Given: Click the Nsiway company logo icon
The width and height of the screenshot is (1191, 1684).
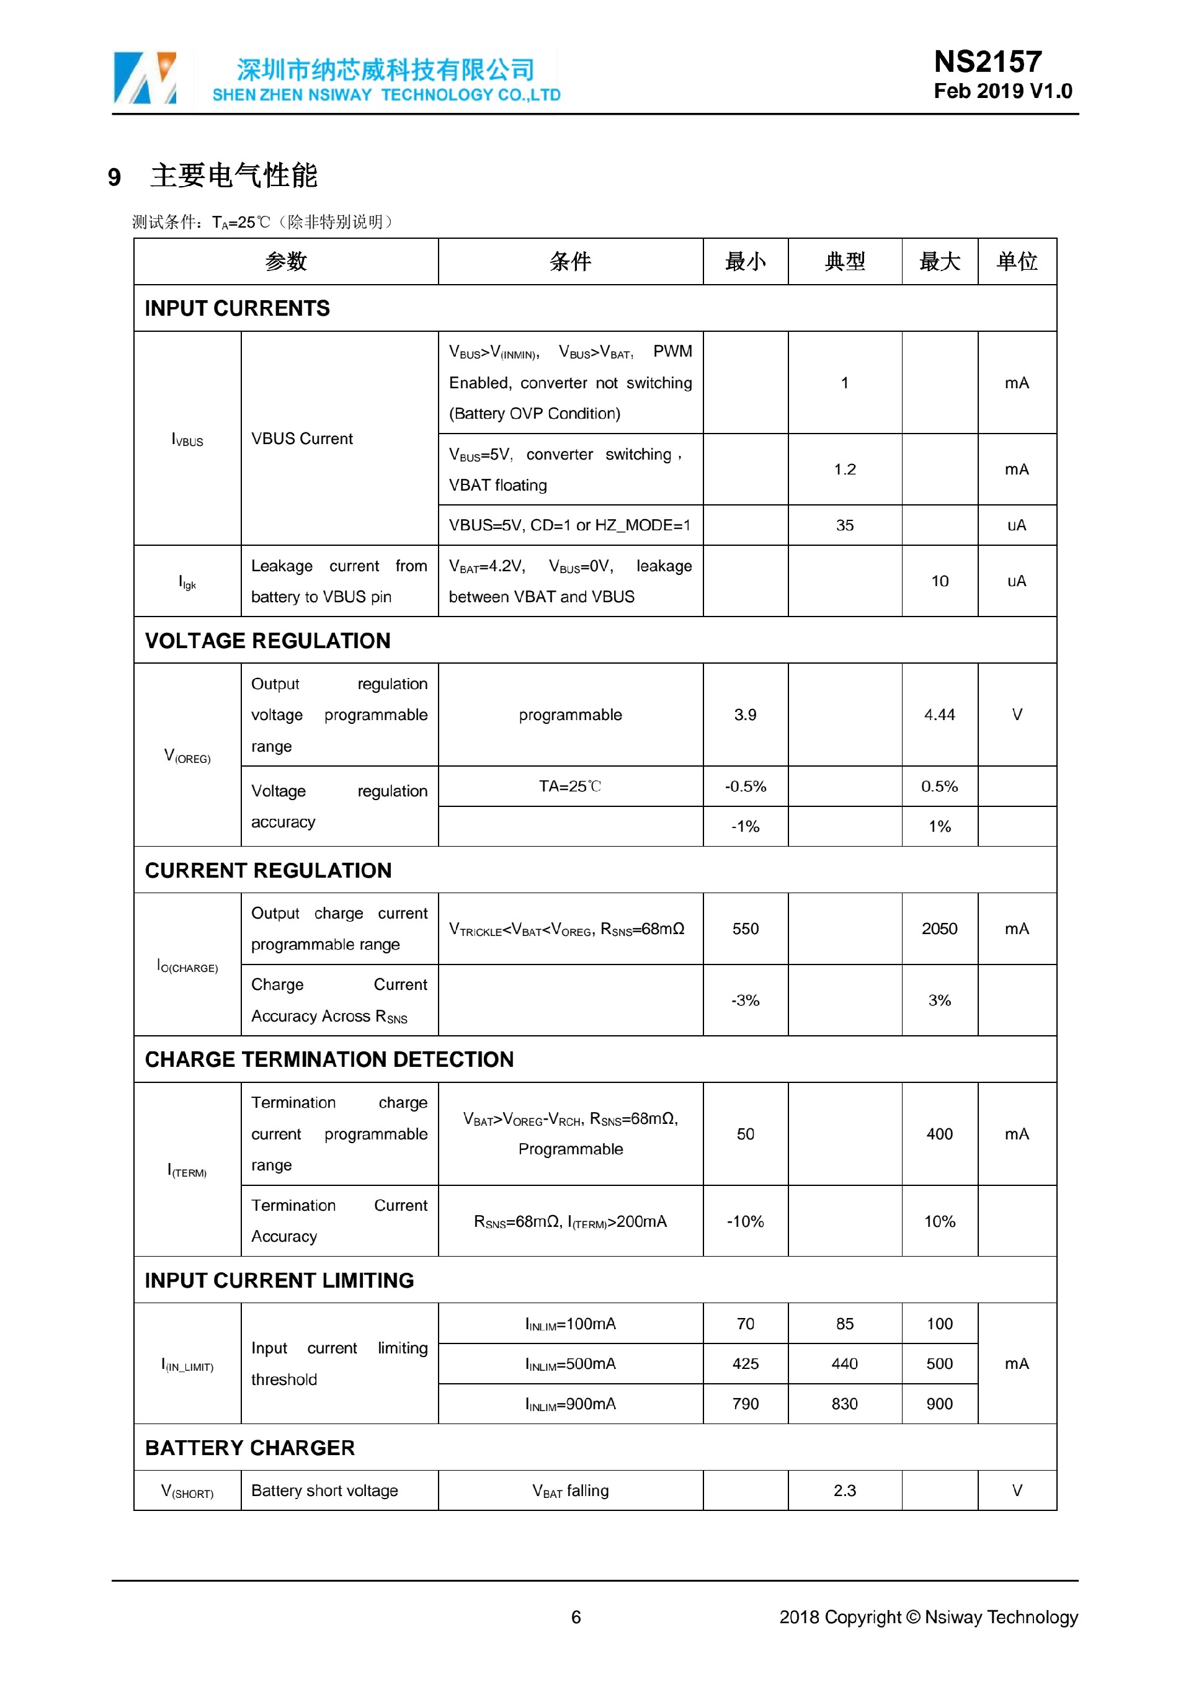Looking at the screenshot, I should coord(145,78).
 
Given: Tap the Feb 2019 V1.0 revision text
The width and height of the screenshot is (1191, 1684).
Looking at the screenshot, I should coord(1002,92).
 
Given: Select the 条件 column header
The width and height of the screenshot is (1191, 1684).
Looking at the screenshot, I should coord(570,262).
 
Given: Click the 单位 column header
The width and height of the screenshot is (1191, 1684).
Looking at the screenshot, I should coord(1017,262).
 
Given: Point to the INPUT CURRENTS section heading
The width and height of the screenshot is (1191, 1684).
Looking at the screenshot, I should coord(237,309).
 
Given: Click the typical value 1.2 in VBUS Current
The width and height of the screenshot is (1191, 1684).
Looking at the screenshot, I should coord(844,470).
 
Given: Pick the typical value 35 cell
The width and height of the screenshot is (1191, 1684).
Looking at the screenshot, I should coord(844,525).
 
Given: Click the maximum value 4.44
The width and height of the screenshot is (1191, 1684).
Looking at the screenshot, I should coord(939,715).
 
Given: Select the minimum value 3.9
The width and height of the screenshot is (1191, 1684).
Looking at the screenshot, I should coord(745,715).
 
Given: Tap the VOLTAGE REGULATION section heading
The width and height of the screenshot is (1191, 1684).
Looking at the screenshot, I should coord(268,641).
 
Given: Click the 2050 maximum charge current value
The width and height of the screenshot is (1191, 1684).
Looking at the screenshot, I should coord(939,929).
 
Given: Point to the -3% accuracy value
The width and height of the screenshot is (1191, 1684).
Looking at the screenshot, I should coord(745,1000).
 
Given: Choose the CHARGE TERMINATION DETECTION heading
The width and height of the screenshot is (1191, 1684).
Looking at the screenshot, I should coord(329,1060).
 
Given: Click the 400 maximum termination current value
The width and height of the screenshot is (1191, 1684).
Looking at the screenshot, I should coord(939,1134).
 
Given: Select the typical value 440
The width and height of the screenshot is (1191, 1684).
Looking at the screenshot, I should coord(844,1364).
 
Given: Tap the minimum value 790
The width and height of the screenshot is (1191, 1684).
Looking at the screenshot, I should coord(745,1404).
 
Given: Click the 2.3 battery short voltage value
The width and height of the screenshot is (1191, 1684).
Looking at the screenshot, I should coord(844,1491).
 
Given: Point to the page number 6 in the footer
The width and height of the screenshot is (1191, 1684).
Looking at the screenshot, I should coord(576,1617).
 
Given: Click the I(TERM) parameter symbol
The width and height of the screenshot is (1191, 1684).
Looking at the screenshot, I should coord(187,1170).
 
